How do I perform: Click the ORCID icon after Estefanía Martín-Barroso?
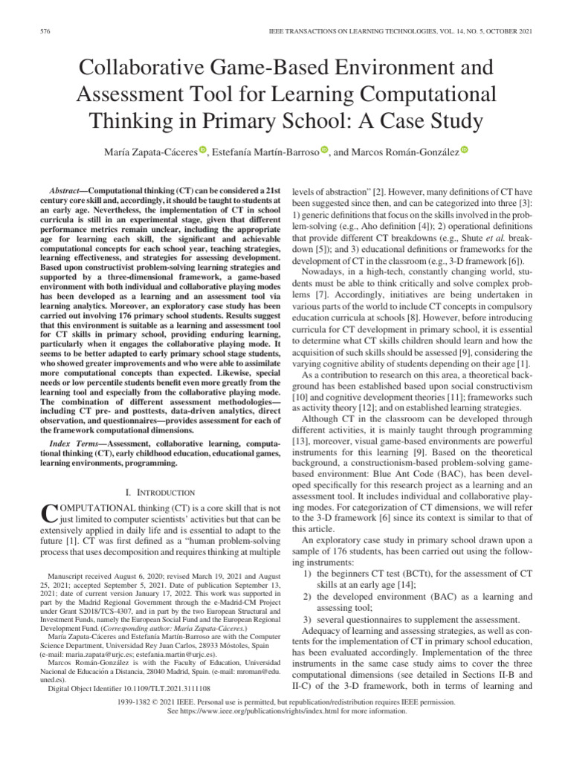(x=324, y=151)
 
